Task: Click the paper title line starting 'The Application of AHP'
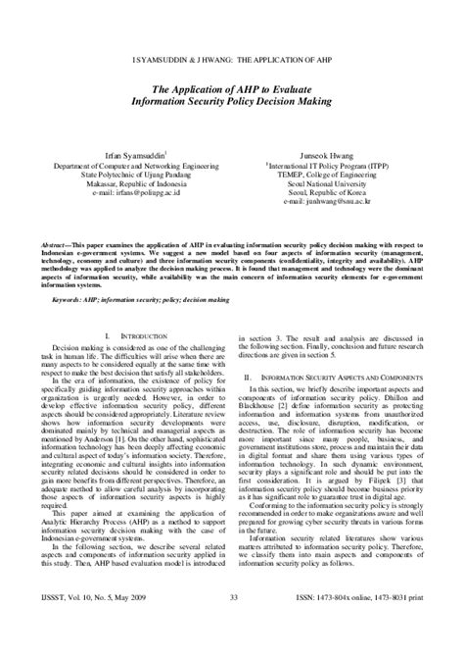point(232,85)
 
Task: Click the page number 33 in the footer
point(232,625)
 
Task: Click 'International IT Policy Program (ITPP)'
point(334,166)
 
